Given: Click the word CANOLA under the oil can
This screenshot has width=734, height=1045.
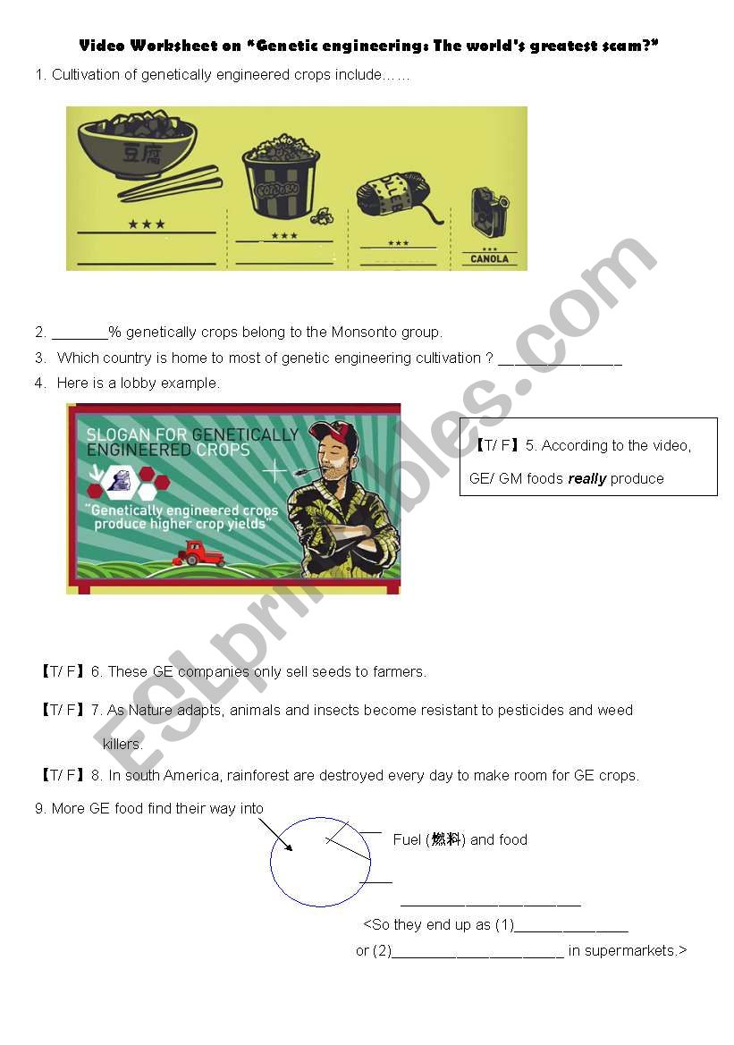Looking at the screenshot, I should tap(489, 259).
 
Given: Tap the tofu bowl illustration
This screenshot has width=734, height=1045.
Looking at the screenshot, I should tap(137, 143).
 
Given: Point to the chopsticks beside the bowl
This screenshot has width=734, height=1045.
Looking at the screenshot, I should tap(170, 184).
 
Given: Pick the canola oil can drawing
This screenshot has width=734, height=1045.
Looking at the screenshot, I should tap(489, 212).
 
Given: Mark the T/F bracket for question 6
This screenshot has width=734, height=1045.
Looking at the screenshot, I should tap(62, 672).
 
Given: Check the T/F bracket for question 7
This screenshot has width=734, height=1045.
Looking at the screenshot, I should tap(62, 711).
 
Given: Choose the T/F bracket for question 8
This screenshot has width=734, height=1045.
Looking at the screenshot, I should tap(62, 776).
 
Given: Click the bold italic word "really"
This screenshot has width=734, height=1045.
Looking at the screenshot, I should tap(587, 479).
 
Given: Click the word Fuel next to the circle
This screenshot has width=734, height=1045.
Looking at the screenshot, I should tap(407, 840).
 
